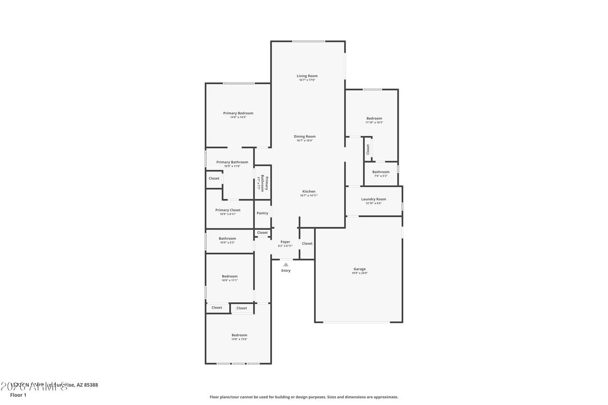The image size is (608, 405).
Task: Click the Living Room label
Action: (x=307, y=76)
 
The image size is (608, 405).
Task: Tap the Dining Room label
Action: (x=305, y=136)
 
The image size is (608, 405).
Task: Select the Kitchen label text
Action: (x=309, y=191)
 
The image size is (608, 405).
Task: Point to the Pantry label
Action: (x=262, y=213)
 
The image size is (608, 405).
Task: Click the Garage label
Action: (x=359, y=269)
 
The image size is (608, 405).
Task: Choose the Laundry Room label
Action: (x=373, y=199)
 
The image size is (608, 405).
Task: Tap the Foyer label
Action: (x=285, y=242)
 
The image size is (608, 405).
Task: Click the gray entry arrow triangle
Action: (x=286, y=264)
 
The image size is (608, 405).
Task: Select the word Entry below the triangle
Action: (x=286, y=270)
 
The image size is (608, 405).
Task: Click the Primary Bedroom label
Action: (x=238, y=113)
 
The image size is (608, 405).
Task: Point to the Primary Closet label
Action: (x=227, y=210)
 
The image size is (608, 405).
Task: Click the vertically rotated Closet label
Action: (x=368, y=149)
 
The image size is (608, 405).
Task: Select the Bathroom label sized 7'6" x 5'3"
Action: (x=381, y=172)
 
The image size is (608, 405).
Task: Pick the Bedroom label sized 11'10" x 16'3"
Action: (x=374, y=118)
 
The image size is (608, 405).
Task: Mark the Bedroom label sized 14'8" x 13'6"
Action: (x=239, y=335)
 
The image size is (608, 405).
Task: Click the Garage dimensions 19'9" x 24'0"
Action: (x=359, y=273)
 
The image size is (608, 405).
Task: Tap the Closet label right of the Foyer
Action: (x=307, y=244)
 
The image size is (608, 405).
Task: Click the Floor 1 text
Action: (x=18, y=395)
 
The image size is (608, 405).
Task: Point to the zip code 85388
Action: (x=90, y=385)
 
